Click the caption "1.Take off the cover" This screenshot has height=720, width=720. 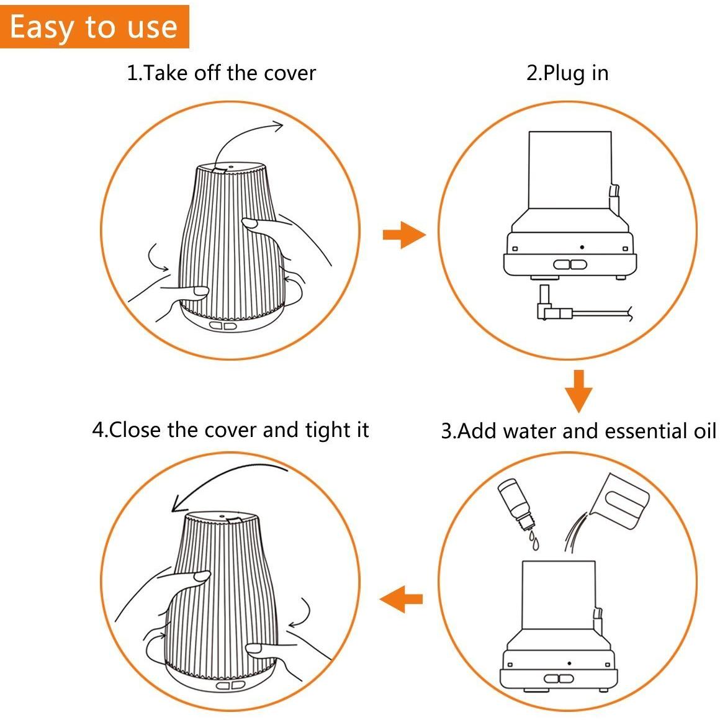pyautogui.click(x=221, y=73)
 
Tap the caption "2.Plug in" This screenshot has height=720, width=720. pyautogui.click(x=567, y=73)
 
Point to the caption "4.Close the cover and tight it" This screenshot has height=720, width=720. pyautogui.click(x=230, y=430)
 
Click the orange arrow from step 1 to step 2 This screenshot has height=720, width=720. pyautogui.click(x=403, y=235)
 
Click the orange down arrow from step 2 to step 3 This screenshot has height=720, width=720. pyautogui.click(x=578, y=390)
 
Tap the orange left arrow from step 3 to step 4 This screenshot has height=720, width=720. pyautogui.click(x=402, y=600)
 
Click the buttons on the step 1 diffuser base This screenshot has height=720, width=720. pyautogui.click(x=223, y=326)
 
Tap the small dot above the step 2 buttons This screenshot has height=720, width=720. pyautogui.click(x=582, y=247)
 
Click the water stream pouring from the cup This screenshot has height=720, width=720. pyautogui.click(x=574, y=532)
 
